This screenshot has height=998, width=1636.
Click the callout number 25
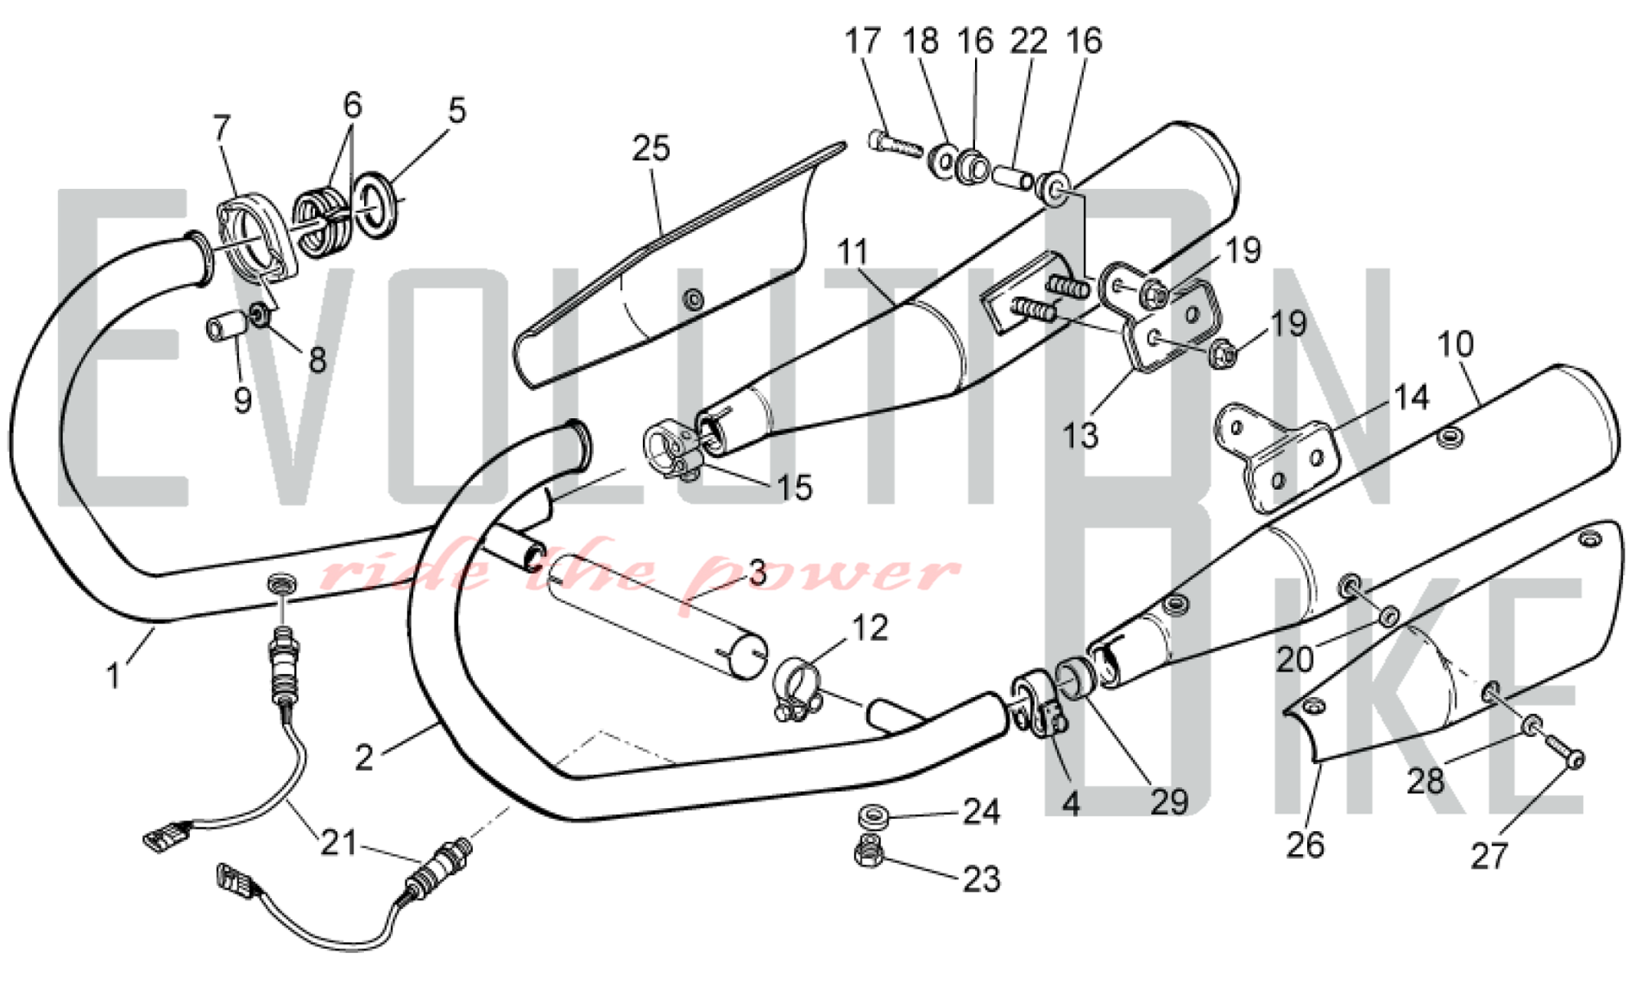pyautogui.click(x=651, y=149)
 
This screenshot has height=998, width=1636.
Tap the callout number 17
pyautogui.click(x=863, y=41)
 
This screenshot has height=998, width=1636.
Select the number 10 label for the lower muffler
pyautogui.click(x=1455, y=344)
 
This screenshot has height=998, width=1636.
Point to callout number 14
pyautogui.click(x=1411, y=398)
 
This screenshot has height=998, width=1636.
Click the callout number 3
pyautogui.click(x=757, y=573)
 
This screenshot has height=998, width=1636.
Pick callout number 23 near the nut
pyautogui.click(x=982, y=879)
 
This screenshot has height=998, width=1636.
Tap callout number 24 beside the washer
pyautogui.click(x=982, y=811)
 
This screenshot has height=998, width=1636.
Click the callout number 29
pyautogui.click(x=1169, y=802)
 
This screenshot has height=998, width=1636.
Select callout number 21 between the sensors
pyautogui.click(x=339, y=843)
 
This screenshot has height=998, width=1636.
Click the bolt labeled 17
pyautogui.click(x=895, y=146)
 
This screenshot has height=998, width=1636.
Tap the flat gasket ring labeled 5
pyautogui.click(x=380, y=205)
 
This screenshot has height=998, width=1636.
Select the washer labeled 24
pyautogui.click(x=873, y=816)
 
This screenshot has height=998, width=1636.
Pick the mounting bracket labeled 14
pyautogui.click(x=1276, y=458)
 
